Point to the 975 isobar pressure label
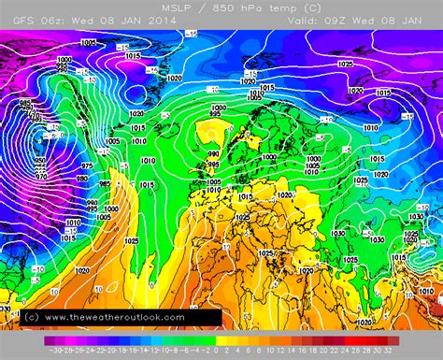coord(86,166)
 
